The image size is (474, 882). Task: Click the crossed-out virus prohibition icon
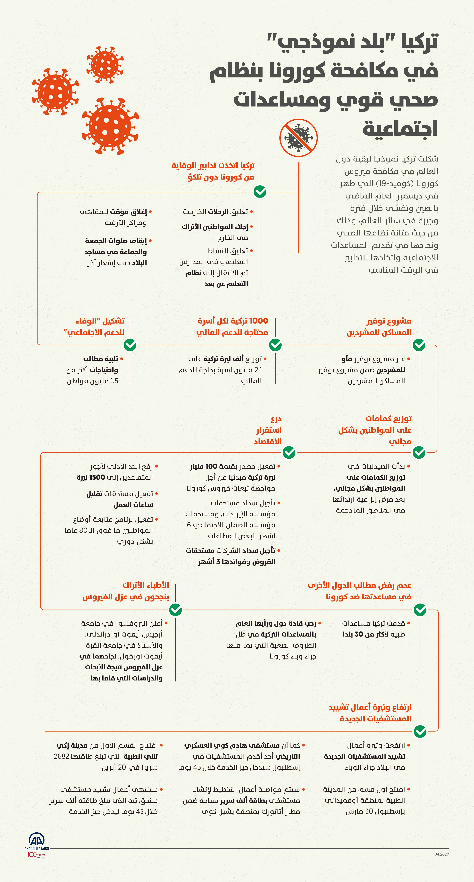click(x=298, y=138)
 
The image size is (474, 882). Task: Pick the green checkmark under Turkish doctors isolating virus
click(x=176, y=610)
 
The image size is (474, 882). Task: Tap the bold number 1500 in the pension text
click(x=97, y=477)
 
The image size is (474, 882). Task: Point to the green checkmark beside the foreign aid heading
click(x=420, y=610)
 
